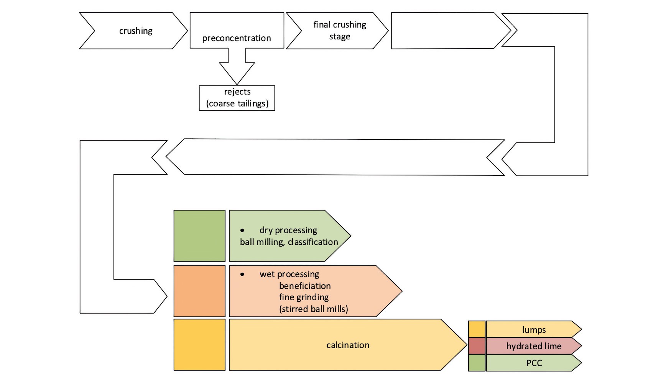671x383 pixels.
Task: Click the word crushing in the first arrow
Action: (136, 31)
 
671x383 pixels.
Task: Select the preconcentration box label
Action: (236, 38)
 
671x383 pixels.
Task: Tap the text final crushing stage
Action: (339, 30)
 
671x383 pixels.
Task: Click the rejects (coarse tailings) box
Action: (237, 98)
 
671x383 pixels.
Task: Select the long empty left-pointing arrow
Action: (334, 157)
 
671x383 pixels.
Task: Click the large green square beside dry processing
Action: (199, 236)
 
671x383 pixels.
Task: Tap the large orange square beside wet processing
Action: (199, 291)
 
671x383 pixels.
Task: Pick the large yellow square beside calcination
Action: (199, 345)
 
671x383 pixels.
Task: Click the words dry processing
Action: (288, 230)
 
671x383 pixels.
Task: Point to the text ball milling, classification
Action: (289, 242)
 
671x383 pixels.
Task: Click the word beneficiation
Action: (305, 286)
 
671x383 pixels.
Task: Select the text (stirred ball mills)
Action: (313, 309)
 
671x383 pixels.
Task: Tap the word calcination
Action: (348, 345)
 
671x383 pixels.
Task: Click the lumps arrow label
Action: (534, 330)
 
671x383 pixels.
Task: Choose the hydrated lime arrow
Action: (534, 346)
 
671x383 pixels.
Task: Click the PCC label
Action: (534, 363)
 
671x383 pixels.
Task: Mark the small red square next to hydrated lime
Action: (477, 346)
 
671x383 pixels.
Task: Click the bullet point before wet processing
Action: (242, 274)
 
